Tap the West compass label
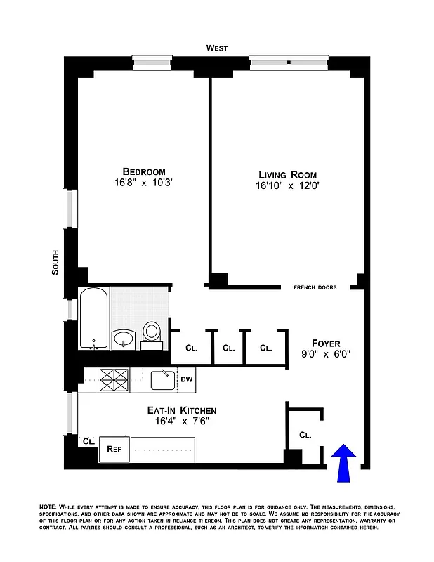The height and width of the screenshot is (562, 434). tap(217, 48)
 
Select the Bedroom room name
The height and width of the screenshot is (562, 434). tap(143, 171)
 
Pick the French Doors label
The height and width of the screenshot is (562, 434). tap(315, 287)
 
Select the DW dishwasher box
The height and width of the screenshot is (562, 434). tap(186, 379)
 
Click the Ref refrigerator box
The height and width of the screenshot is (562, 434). tap(114, 448)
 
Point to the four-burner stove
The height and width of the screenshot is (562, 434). tap(112, 380)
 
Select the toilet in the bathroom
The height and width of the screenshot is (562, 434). tap(152, 333)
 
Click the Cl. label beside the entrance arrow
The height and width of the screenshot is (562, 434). tap(305, 435)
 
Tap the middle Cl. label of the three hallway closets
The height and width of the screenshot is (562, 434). tap(229, 347)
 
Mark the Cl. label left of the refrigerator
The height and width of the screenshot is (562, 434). tap(88, 441)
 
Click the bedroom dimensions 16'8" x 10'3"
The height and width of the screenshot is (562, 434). tap(143, 183)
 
